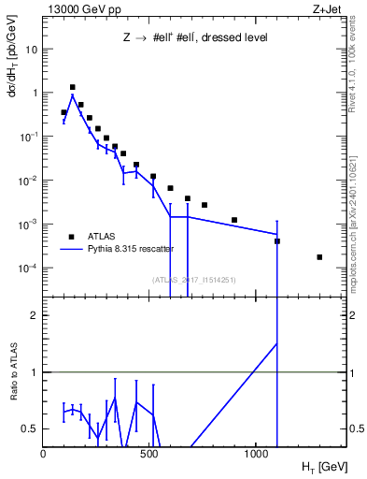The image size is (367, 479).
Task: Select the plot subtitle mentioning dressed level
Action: point(196,38)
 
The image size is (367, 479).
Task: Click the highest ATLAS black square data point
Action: point(72,87)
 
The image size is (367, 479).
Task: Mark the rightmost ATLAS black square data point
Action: point(319,257)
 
